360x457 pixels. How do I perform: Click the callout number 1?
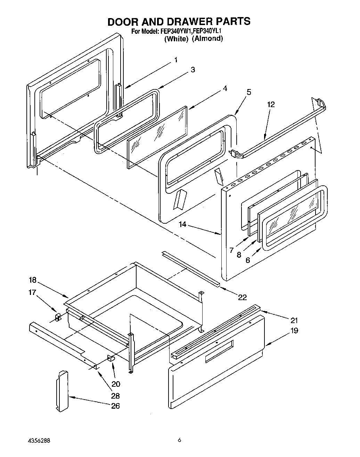(176, 60)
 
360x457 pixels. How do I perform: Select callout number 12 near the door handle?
(271, 104)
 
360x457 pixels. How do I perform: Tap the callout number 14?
(183, 225)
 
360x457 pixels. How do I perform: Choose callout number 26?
(115, 406)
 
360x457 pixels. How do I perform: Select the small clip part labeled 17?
(58, 317)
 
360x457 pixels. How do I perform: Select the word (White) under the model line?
(176, 39)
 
